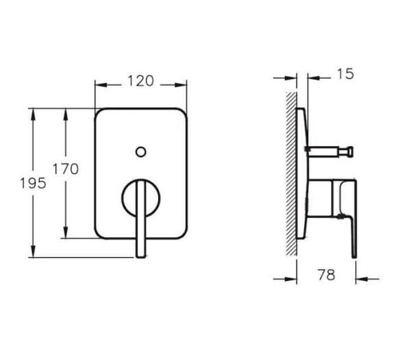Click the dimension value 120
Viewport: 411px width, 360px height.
click(x=140, y=82)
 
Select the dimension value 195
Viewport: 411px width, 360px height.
click(x=32, y=183)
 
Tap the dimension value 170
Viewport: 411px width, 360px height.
click(x=66, y=169)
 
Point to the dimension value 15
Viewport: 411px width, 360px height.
click(x=346, y=73)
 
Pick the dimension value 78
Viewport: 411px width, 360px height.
click(x=327, y=275)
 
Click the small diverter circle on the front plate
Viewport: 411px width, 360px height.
click(x=140, y=151)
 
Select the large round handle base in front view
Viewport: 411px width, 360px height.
click(x=140, y=200)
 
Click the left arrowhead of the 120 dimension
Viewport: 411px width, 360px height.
click(x=99, y=85)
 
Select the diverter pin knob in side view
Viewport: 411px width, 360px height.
click(x=349, y=148)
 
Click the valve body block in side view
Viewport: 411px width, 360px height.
click(x=322, y=199)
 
